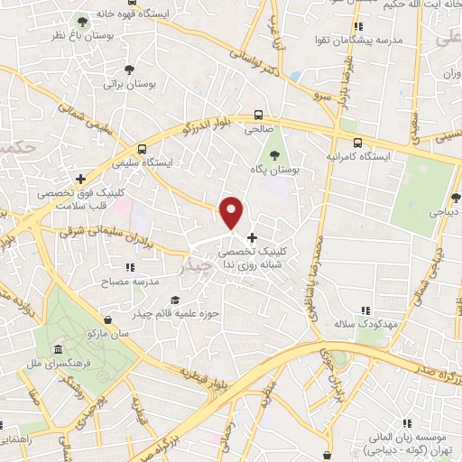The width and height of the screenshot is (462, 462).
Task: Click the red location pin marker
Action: [232, 211]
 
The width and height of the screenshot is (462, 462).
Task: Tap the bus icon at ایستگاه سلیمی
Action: [141, 150]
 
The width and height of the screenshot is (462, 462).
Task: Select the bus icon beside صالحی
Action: [259, 115]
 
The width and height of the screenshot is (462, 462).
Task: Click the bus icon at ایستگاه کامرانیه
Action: [358, 143]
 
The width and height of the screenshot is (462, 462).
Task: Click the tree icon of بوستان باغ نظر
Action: [83, 21]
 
